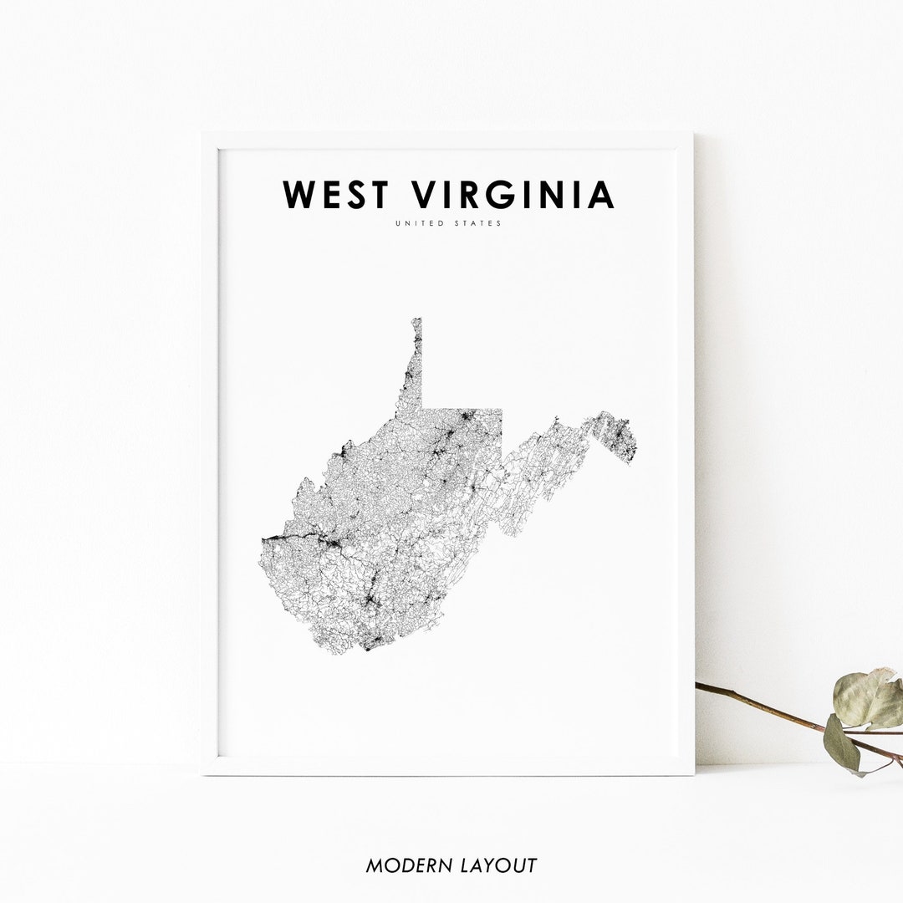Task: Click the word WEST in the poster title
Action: click(x=336, y=195)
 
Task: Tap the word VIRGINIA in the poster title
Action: click(x=514, y=195)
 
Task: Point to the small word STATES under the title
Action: click(x=477, y=224)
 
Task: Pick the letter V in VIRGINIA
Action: click(x=427, y=195)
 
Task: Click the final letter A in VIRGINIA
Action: click(x=601, y=195)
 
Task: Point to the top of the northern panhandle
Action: click(x=416, y=320)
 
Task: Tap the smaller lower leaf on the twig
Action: click(x=841, y=744)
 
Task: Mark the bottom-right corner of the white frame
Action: click(x=692, y=773)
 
